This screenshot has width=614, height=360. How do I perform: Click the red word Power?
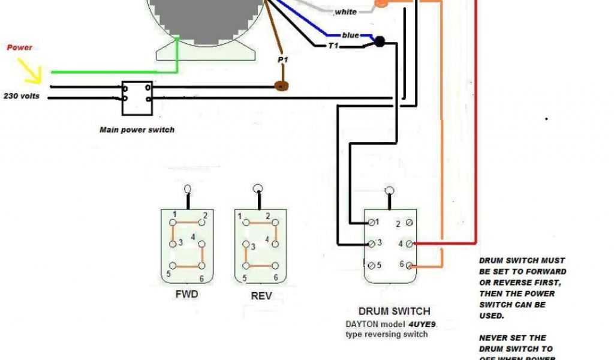click(20, 47)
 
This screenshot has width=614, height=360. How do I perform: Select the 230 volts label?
click(22, 95)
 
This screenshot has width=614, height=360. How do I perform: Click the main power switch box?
click(136, 98)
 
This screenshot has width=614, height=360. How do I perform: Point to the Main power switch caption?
click(137, 130)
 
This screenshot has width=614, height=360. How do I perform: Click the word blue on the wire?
click(350, 35)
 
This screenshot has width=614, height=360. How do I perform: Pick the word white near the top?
click(345, 12)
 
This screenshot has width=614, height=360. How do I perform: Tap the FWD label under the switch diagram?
click(186, 295)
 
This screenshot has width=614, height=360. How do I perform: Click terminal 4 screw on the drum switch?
click(409, 244)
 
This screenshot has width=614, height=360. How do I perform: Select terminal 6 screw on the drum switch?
click(409, 265)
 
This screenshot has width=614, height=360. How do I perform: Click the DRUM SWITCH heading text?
click(394, 311)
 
